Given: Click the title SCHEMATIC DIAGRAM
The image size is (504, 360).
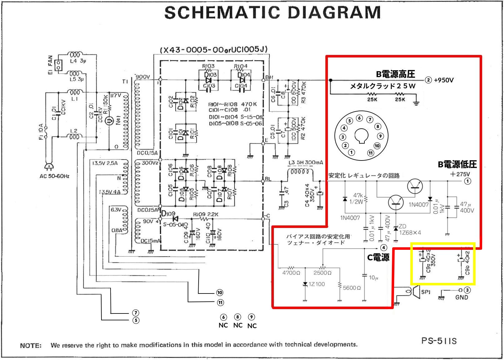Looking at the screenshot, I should pos(272,12).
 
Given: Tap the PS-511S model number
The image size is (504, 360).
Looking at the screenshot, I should pos(439,341).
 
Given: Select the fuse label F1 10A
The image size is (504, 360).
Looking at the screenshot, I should pos(41,132).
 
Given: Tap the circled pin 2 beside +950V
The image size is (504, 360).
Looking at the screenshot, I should pos(428,80).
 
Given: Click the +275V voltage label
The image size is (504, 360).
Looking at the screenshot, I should pos(460,174).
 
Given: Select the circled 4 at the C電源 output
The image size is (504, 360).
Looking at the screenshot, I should pos(384,248).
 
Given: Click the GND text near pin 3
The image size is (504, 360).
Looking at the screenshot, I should pos(462,297).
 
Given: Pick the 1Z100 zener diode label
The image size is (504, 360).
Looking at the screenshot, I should pos(317,284).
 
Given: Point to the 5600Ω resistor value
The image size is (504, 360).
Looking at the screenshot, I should pos(352,288).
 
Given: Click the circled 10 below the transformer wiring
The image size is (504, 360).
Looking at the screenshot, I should pos(220,293).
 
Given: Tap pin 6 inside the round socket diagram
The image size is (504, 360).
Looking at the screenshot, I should pos(360,118).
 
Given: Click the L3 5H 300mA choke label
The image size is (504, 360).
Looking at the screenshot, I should pos(306,163).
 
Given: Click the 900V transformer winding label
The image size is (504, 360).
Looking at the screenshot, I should pos(142,77).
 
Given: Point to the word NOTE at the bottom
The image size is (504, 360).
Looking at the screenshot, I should pos(31,346).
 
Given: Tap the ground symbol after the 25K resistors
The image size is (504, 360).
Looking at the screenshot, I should pos(416,103).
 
